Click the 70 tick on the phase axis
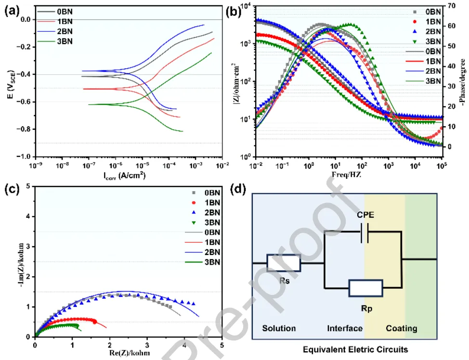[447, 6]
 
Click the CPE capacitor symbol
[366, 232]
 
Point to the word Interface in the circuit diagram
[345, 329]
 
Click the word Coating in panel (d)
[401, 329]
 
